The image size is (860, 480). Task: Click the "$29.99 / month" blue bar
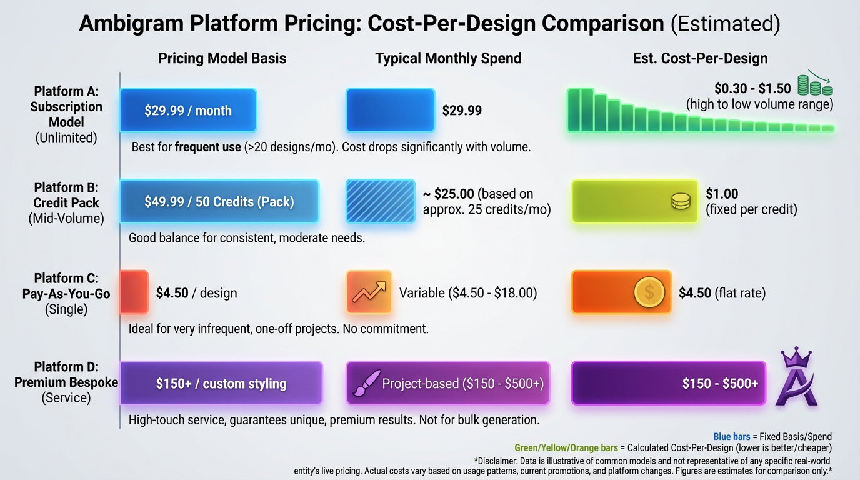[187, 111]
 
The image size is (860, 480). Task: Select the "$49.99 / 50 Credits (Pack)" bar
[219, 201]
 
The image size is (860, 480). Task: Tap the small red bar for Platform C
[133, 292]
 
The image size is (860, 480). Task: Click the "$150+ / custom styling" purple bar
[221, 383]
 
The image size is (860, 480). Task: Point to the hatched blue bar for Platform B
[380, 201]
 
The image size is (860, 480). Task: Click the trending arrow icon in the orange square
[369, 292]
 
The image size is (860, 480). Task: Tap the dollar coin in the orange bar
[649, 292]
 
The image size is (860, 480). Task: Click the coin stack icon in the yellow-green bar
[680, 201]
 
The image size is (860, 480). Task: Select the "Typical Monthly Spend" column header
[448, 59]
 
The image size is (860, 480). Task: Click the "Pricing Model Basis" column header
[222, 59]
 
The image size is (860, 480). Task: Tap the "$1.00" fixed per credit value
[722, 194]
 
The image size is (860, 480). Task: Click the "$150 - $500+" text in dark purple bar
[720, 383]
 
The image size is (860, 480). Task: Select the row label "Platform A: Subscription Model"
[66, 107]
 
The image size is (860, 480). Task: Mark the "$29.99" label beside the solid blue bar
[462, 111]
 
